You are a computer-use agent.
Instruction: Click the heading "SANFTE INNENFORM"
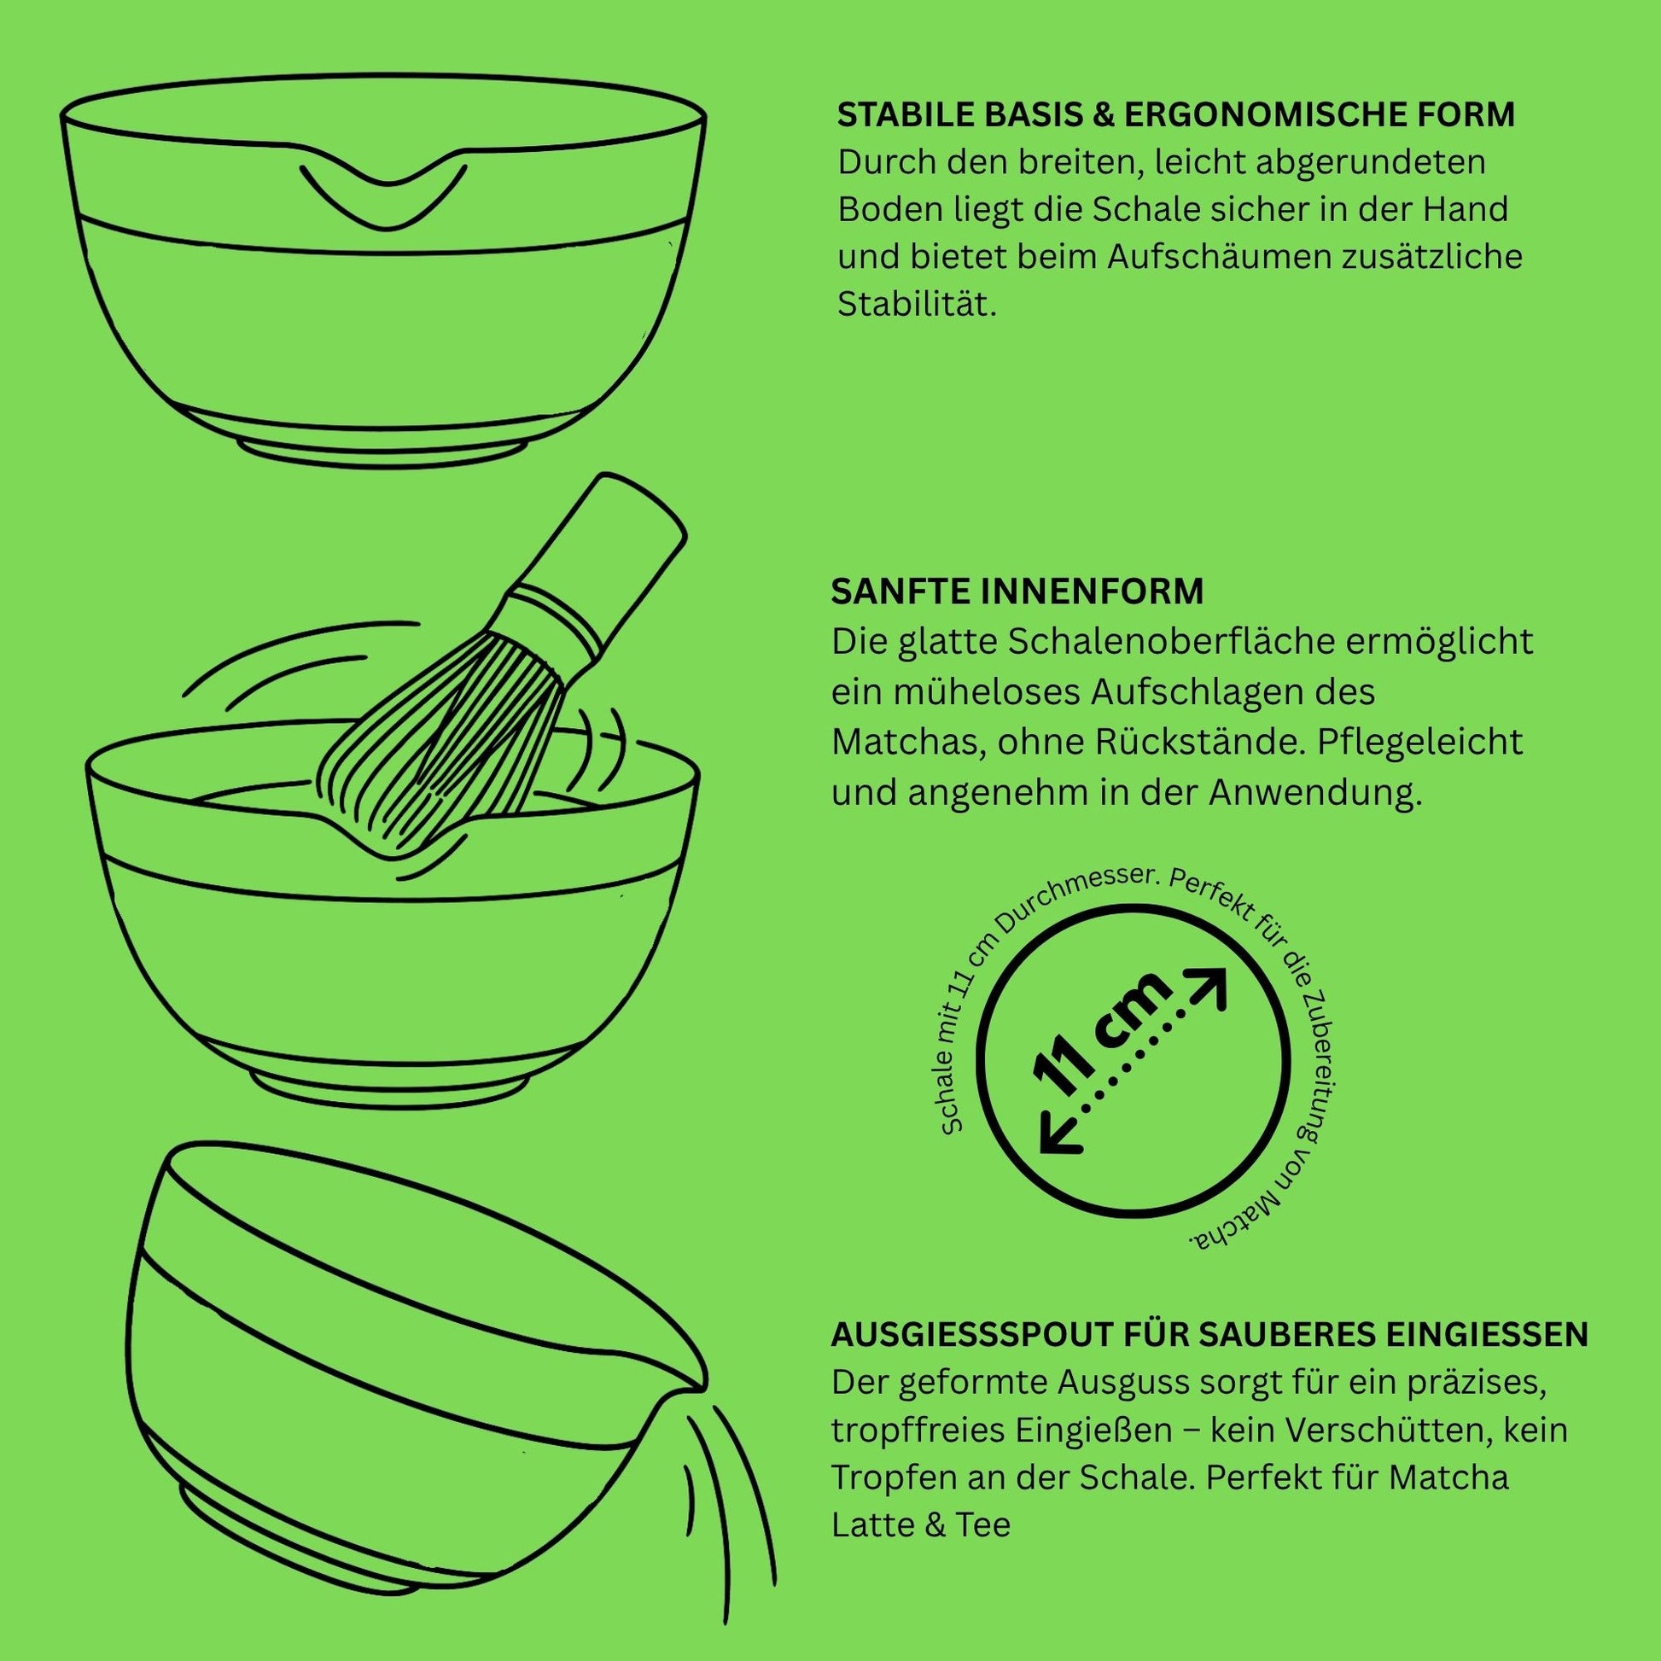pyautogui.click(x=1017, y=592)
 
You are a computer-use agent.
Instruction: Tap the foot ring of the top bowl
pyautogui.click(x=383, y=453)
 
